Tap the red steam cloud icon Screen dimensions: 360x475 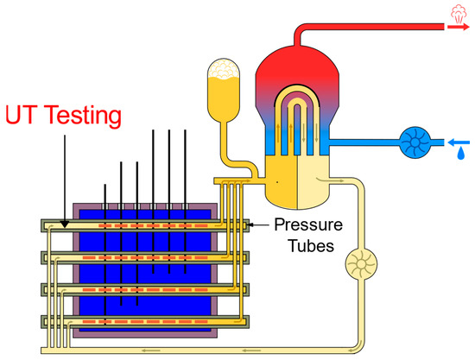click(x=458, y=12)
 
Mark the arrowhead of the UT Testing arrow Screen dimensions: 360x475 click(x=65, y=219)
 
